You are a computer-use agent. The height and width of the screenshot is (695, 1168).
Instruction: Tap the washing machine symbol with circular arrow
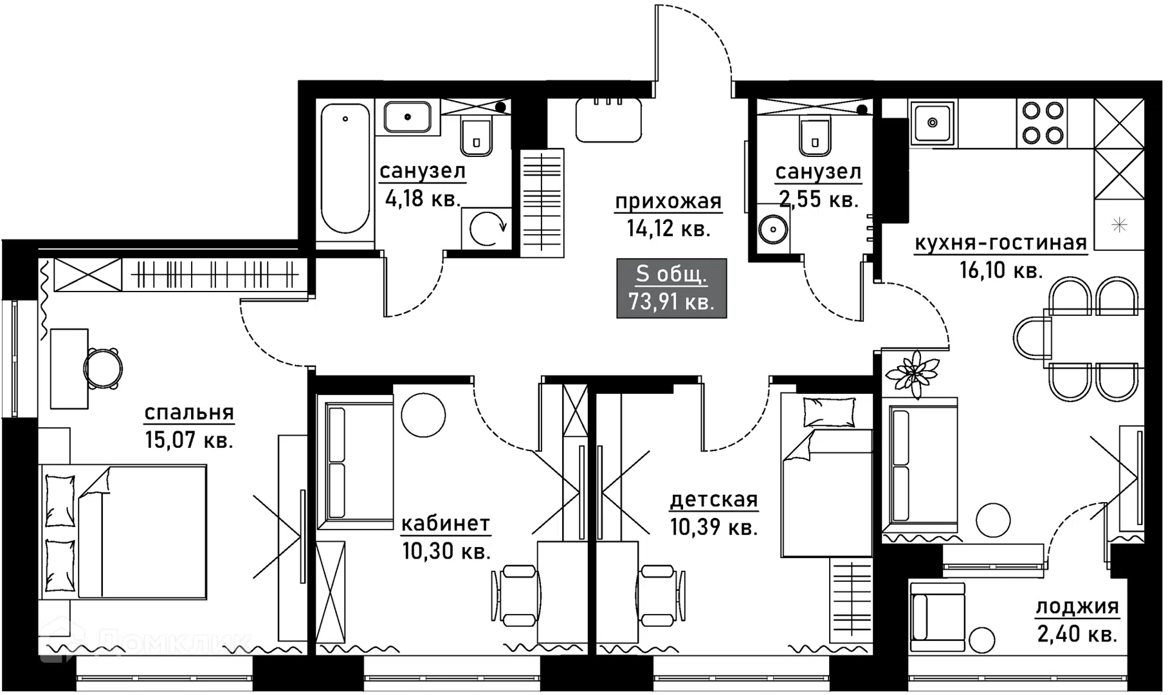487,228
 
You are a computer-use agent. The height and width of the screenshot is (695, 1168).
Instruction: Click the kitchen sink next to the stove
933,122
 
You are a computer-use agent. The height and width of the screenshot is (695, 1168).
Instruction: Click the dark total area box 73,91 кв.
671,288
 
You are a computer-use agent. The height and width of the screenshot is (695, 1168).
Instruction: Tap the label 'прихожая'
668,201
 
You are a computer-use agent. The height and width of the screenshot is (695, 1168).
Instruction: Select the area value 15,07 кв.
188,440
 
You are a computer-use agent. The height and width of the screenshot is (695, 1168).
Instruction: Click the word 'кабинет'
446,523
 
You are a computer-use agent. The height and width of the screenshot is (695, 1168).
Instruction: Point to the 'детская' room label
714,499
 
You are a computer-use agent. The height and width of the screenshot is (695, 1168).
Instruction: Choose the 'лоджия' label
1077,606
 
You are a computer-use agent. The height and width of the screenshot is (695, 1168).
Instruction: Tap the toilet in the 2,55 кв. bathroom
815,135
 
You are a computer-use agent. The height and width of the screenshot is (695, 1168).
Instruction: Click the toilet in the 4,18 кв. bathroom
477,136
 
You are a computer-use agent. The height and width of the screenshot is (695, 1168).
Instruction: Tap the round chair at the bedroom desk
103,369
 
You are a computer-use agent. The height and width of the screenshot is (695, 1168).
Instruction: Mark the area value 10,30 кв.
446,551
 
